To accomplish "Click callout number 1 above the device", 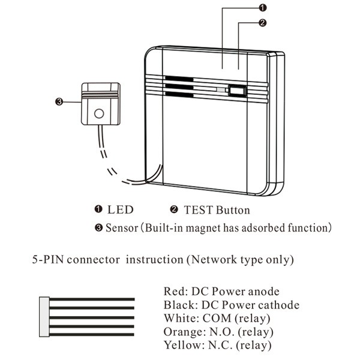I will (x=263, y=7).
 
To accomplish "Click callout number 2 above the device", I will (x=262, y=23).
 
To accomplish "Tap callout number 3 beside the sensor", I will (x=58, y=101).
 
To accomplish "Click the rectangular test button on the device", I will (x=238, y=92).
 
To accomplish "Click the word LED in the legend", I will (x=120, y=210).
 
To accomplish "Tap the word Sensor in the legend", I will (x=122, y=228).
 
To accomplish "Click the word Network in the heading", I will (x=214, y=260).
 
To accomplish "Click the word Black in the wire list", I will (x=177, y=305).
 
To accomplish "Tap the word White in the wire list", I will (x=178, y=318).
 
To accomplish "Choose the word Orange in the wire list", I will (x=181, y=332).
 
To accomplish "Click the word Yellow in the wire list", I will (x=180, y=345).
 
